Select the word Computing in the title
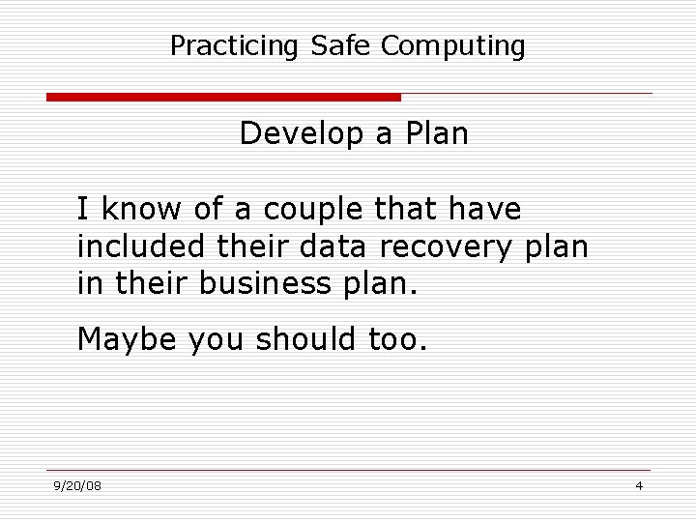[453, 45]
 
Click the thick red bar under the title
[223, 97]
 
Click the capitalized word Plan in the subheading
[436, 133]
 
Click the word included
[141, 246]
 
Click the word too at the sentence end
[396, 339]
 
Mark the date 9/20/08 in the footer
[78, 485]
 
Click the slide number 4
[639, 485]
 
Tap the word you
[219, 340]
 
